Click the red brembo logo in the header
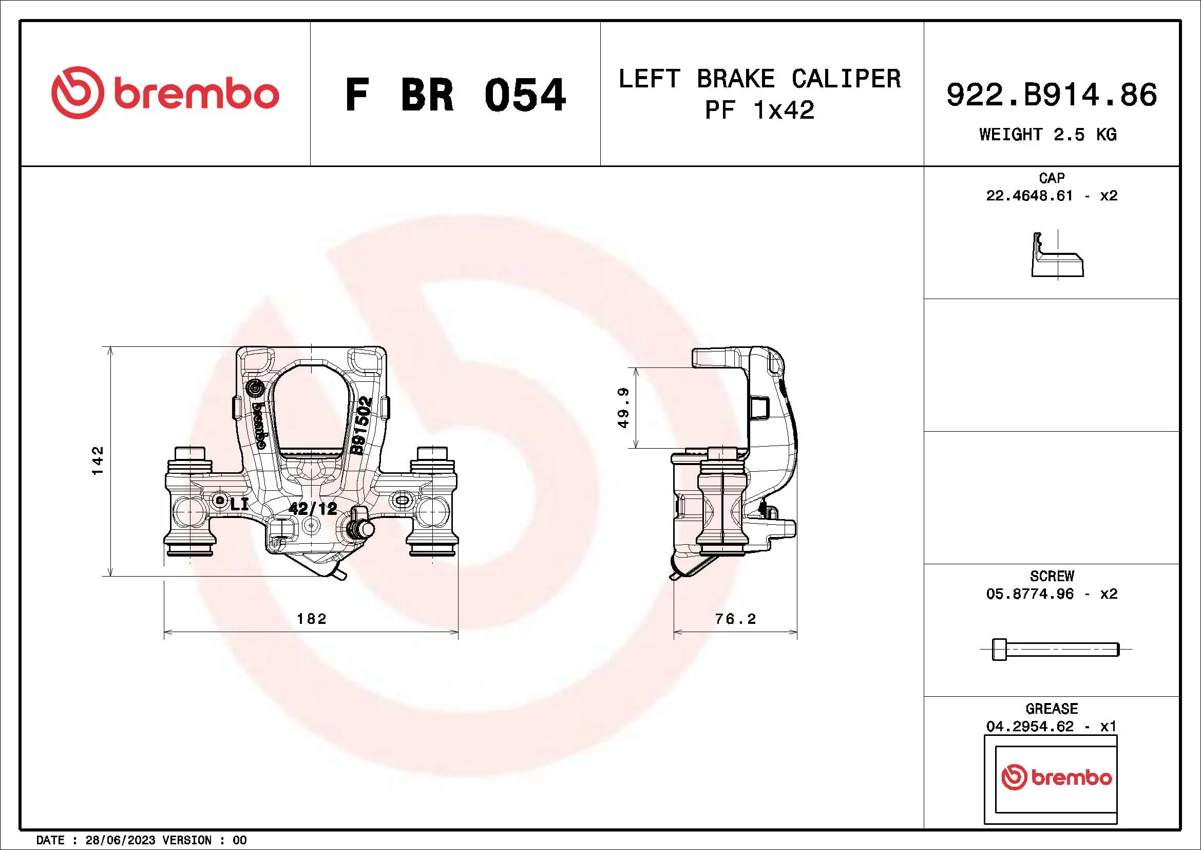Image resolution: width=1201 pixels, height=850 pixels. [165, 93]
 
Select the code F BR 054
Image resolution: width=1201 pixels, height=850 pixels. [454, 95]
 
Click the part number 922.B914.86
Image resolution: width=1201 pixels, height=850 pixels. [1052, 95]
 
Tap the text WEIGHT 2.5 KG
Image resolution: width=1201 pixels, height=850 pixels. [1048, 135]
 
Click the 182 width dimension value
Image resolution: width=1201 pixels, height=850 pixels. [311, 619]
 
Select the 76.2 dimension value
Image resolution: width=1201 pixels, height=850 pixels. [735, 619]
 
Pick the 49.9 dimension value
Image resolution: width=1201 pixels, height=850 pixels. [623, 408]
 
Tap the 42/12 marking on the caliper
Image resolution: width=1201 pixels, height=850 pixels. [313, 508]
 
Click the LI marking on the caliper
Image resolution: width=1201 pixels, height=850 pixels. [239, 505]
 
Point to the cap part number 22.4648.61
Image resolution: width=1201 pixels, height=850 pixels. [1029, 196]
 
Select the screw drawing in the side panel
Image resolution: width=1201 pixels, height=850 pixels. [1055, 650]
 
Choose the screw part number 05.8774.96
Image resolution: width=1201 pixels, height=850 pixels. [1029, 594]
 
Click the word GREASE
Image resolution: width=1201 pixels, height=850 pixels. [1052, 709]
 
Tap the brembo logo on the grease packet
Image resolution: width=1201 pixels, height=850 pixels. [1056, 777]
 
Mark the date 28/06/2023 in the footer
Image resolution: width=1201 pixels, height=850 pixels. [120, 840]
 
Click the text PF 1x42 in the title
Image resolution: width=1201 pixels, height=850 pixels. [759, 110]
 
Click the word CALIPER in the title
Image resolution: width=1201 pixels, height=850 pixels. [846, 79]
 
